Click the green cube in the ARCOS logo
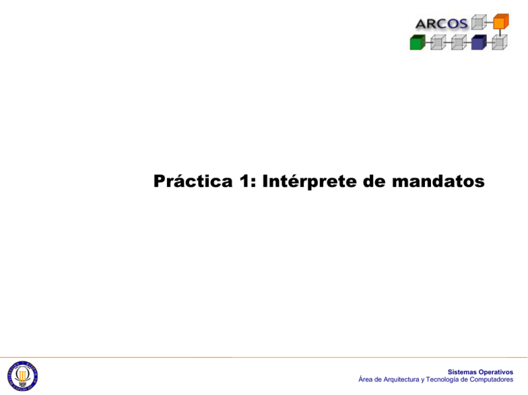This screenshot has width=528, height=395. tap(417, 42)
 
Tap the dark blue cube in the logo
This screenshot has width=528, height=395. tap(478, 42)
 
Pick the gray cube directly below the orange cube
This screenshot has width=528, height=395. tap(500, 42)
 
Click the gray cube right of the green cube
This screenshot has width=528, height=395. tap(437, 42)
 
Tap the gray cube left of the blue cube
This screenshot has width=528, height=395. tap(458, 42)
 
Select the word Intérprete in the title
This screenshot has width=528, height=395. tap(305, 182)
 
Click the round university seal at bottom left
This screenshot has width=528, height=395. tap(22, 376)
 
